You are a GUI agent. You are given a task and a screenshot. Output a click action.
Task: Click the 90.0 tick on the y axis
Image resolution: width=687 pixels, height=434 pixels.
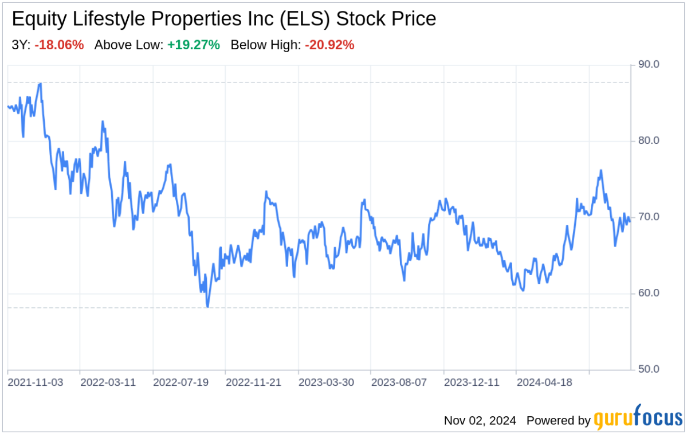(649, 65)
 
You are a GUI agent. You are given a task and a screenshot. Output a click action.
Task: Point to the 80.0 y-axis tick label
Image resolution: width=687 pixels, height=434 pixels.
(649, 140)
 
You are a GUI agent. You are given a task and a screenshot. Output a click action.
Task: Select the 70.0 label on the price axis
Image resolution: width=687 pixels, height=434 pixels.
(649, 217)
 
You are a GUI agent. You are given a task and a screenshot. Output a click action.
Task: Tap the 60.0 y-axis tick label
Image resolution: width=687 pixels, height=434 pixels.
(649, 293)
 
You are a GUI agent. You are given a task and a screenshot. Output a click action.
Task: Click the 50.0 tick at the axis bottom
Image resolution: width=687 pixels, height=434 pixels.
(649, 369)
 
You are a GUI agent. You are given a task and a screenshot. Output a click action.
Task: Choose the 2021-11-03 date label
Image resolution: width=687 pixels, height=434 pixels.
(36, 382)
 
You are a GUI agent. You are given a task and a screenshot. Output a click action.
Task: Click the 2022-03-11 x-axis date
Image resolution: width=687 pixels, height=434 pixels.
(108, 382)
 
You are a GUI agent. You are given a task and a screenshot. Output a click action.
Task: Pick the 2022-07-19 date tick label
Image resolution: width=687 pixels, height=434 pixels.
(181, 382)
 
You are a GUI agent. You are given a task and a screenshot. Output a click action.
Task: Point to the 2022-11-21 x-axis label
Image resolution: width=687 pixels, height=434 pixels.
(254, 382)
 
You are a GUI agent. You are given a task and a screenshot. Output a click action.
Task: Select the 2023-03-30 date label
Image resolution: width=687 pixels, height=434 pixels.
(326, 382)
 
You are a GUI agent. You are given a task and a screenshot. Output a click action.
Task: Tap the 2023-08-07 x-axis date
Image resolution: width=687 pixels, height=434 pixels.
(399, 382)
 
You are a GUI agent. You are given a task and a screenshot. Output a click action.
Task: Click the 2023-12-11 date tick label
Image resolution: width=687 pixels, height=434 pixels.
(472, 382)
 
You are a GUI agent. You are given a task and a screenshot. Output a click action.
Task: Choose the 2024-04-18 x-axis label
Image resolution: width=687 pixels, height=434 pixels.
(544, 382)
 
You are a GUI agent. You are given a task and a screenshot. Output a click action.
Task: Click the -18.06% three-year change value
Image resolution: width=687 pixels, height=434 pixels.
(59, 45)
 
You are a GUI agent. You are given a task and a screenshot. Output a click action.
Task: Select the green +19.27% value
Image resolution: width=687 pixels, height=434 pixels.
(194, 45)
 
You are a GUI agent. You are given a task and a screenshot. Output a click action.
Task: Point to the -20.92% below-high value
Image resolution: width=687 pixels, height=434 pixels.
(329, 45)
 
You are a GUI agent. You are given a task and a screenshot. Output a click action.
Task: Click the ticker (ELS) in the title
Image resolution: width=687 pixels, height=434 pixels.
(310, 19)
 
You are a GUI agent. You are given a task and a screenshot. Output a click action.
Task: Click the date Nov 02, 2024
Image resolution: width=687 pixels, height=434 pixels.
(480, 420)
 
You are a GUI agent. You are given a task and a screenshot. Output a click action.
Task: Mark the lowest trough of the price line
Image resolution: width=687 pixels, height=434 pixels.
(207, 307)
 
